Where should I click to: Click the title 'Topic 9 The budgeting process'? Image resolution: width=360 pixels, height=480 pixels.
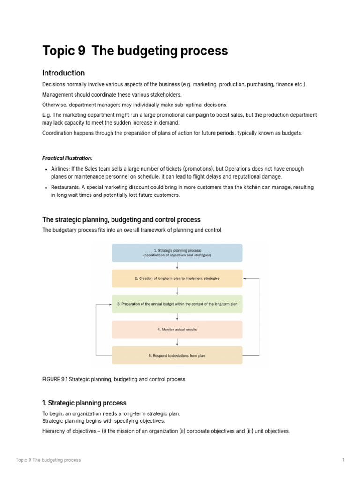135,51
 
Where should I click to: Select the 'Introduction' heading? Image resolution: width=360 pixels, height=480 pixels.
63,73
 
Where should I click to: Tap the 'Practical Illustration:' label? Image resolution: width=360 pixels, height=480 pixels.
67,158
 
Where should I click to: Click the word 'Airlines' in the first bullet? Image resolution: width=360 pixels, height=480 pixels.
60,169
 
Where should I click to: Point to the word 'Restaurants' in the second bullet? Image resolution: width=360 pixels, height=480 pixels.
66,187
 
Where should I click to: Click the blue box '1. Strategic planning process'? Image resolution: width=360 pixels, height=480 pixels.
177,253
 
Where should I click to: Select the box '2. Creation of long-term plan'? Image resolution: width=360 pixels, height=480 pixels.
177,278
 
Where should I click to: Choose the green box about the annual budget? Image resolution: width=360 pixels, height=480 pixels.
177,304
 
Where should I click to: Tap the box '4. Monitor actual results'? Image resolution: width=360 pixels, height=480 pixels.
177,330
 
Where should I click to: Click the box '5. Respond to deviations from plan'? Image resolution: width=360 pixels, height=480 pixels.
177,355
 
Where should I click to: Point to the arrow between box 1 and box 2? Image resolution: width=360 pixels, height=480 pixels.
177,266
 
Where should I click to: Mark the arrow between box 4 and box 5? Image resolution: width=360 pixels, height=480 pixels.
177,343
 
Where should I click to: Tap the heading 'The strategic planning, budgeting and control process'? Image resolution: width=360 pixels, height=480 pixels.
121,219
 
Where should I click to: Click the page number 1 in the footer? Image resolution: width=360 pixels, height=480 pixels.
343,460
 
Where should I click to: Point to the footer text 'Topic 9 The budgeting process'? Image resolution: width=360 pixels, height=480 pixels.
48,460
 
